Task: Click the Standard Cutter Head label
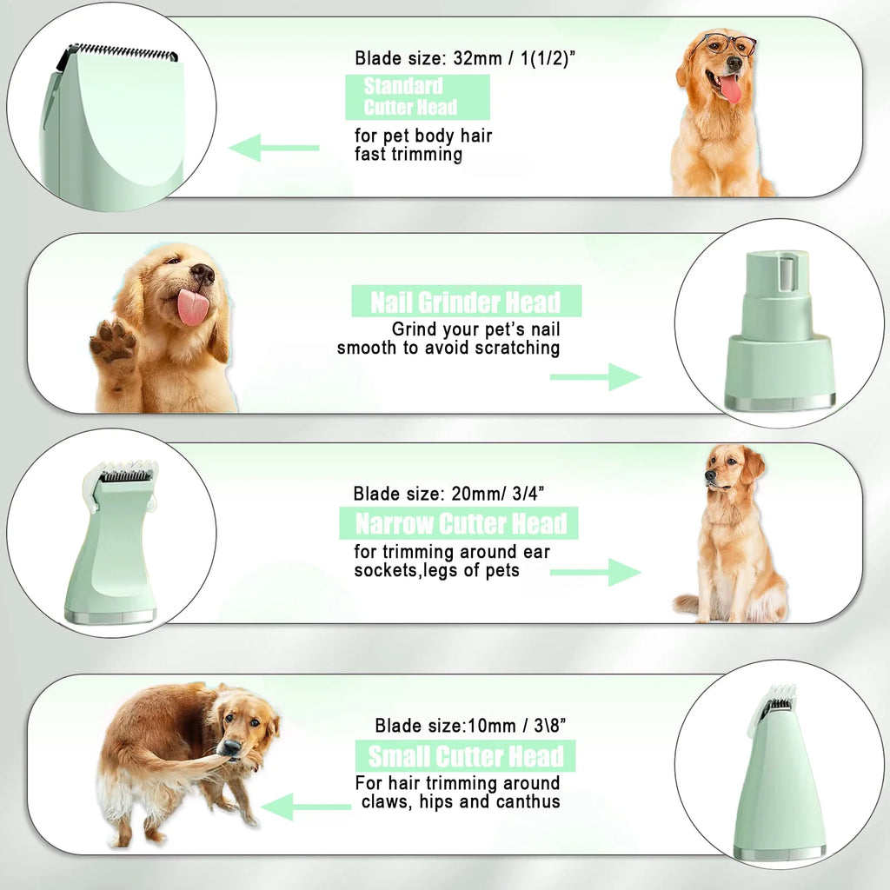point(417,97)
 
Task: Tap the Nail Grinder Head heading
point(466,302)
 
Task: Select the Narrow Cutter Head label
point(459,524)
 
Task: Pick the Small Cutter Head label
point(465,755)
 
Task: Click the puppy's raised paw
point(113,344)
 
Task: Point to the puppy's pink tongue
point(193,306)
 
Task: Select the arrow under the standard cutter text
point(274,148)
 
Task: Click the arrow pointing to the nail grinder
point(595,377)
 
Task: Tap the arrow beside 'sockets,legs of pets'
point(595,572)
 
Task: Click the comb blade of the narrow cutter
point(126,475)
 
